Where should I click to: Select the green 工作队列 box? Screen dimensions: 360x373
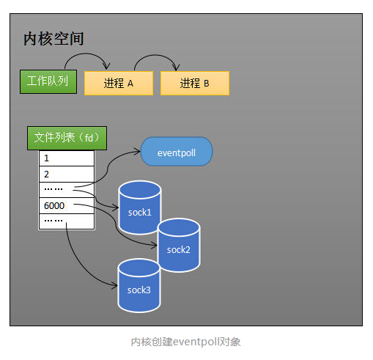(48, 81)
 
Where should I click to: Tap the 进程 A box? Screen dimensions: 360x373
(118, 83)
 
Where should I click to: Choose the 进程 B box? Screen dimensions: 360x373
(194, 83)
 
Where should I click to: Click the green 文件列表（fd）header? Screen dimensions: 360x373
(67, 137)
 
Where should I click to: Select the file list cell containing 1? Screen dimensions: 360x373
(67, 158)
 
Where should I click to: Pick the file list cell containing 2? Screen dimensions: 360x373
(67, 174)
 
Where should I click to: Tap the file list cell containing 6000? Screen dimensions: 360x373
(67, 206)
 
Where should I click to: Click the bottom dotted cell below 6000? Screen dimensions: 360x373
(67, 221)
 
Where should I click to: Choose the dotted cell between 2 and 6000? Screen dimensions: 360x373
(67, 190)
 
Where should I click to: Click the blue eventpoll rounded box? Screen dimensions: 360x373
(176, 151)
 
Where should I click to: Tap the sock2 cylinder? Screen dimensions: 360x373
(178, 245)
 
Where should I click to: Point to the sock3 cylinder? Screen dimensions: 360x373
(139, 285)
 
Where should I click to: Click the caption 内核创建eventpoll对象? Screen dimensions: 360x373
(186, 342)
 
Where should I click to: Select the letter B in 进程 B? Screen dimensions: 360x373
(207, 84)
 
